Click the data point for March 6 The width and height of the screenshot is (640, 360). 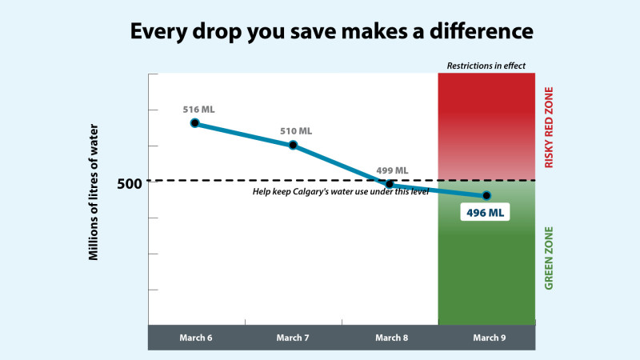pos(195,123)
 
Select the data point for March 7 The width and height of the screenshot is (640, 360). pos(293,145)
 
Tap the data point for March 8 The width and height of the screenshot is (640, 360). pos(390,184)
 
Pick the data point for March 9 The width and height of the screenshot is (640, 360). pos(486,196)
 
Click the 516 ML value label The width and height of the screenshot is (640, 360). pos(198,110)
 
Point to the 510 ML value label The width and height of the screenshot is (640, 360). pos(296,131)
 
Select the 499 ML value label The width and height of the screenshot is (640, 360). pos(392,170)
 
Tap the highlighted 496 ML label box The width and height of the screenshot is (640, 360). pos(485,212)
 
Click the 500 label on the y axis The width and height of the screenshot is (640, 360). pos(130,184)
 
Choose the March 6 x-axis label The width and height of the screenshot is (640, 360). pos(196,338)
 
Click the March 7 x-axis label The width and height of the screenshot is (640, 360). pos(293,338)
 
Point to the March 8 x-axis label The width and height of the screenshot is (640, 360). pos(392,338)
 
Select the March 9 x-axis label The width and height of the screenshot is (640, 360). pos(490,338)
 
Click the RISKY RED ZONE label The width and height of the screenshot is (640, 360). pos(549,127)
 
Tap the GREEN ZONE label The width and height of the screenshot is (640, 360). pos(549,258)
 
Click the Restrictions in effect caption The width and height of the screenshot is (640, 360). pos(486,66)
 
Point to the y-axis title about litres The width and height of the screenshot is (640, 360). pos(94,192)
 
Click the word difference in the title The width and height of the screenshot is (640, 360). pos(482,31)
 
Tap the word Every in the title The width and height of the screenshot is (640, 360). pos(158,32)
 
